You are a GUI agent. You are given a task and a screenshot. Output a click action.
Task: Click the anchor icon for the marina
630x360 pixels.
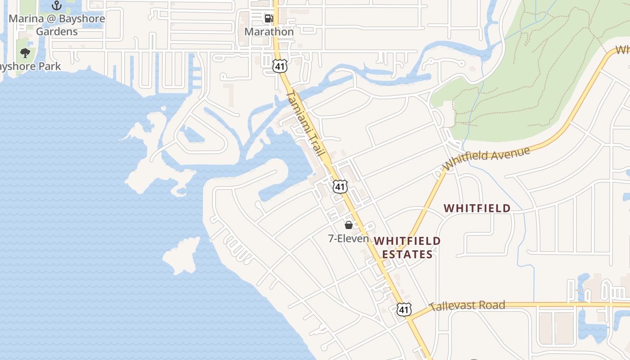(x=57, y=5)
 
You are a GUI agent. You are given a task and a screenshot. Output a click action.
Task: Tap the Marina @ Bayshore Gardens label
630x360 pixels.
(x=57, y=25)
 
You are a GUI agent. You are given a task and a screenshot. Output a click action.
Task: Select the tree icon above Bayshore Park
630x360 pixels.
(x=25, y=53)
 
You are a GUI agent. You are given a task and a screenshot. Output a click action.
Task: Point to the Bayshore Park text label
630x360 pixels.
(x=30, y=67)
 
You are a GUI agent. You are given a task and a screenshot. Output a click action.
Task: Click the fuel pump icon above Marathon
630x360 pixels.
(x=269, y=18)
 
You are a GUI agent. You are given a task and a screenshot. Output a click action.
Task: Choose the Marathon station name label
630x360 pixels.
(x=269, y=32)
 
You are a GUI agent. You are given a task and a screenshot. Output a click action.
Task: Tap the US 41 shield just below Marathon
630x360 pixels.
(x=279, y=66)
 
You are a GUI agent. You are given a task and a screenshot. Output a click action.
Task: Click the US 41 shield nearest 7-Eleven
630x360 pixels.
(x=340, y=186)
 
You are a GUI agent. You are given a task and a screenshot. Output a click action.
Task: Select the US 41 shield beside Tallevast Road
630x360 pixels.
(x=404, y=309)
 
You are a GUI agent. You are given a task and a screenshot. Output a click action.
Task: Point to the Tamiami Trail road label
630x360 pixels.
(x=306, y=124)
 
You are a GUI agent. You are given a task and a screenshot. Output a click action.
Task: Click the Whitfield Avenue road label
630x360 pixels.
(x=486, y=158)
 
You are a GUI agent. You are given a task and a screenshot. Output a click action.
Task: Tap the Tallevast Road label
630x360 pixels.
(x=467, y=306)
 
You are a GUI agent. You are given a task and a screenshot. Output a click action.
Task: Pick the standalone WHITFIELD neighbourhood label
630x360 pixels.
(x=477, y=208)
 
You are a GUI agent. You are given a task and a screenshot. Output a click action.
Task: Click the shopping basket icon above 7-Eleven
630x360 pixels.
(x=349, y=225)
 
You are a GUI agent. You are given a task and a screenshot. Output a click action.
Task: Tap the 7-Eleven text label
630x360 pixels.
(x=349, y=238)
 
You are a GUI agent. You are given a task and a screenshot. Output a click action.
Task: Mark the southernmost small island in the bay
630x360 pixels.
(x=181, y=256)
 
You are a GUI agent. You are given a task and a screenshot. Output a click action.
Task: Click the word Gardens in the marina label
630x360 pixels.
(x=57, y=31)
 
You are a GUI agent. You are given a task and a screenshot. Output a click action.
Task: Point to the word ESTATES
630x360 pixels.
(x=408, y=254)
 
